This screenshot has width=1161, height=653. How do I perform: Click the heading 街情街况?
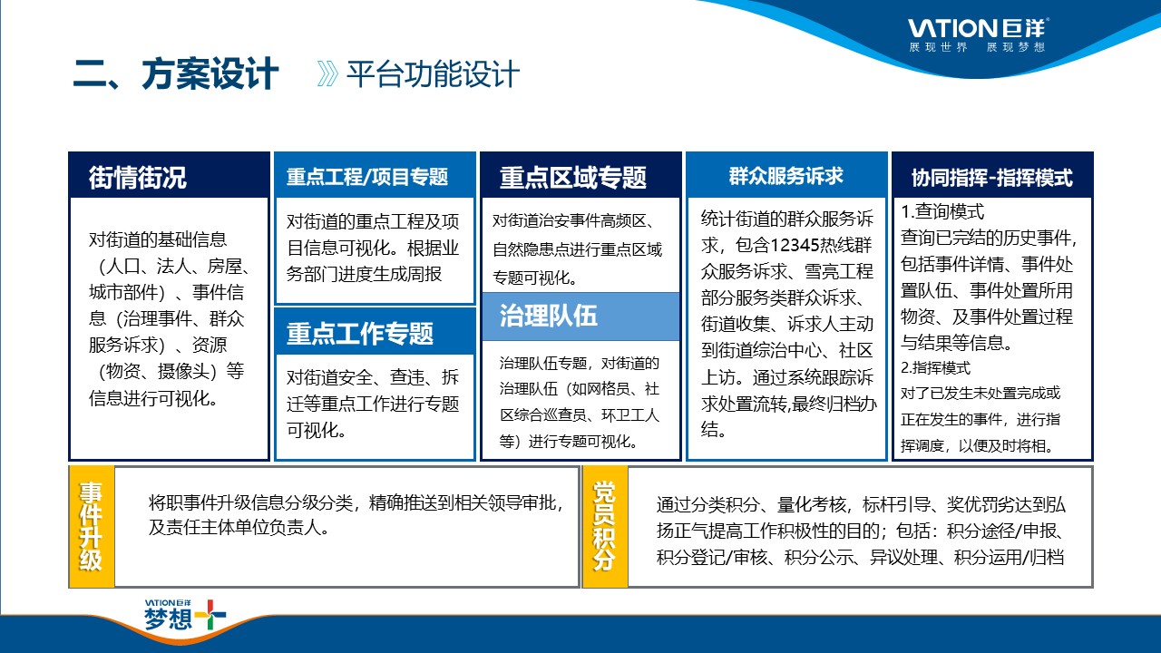(137, 178)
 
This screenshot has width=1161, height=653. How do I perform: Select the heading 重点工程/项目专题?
(367, 177)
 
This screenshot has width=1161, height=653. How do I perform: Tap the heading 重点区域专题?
(572, 178)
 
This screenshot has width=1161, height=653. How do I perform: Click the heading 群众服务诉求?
(786, 176)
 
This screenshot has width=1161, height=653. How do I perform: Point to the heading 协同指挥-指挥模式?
(992, 178)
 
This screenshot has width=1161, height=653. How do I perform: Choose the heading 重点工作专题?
(360, 333)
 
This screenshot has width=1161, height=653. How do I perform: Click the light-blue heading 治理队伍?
(549, 316)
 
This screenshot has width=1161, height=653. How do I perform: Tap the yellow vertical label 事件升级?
(91, 527)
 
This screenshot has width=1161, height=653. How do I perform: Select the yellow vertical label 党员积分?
(604, 527)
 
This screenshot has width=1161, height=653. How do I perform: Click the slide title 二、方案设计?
(176, 74)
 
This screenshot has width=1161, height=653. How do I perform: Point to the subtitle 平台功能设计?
(433, 74)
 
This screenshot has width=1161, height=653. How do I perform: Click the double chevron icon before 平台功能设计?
(327, 74)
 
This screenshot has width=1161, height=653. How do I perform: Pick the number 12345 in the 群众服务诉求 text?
(796, 245)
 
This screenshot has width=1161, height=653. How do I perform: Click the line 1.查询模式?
(942, 211)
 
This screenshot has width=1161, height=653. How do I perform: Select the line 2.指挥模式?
(935, 368)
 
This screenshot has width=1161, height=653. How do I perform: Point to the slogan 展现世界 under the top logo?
(938, 47)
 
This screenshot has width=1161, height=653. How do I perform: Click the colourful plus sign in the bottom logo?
(210, 615)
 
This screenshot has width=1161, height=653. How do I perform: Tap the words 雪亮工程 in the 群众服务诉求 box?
(839, 271)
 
